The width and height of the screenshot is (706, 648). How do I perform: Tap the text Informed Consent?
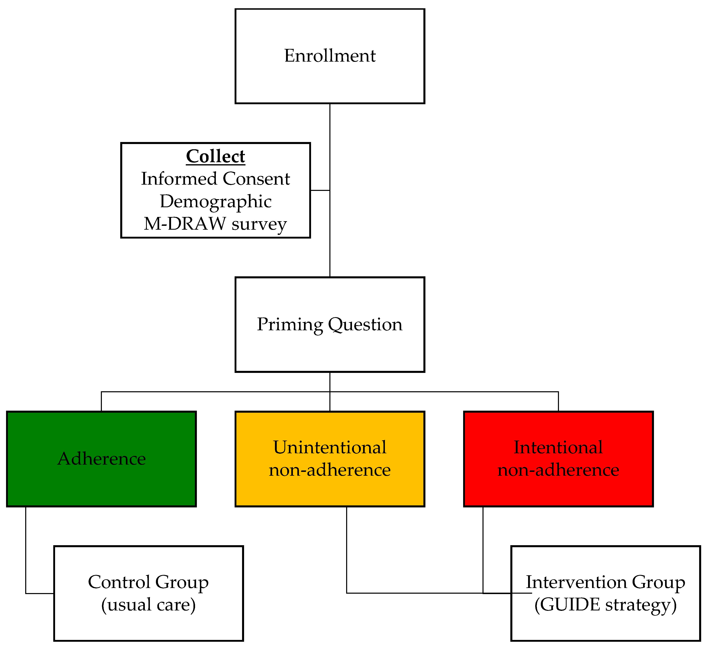(215, 179)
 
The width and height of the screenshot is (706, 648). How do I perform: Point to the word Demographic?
(215, 201)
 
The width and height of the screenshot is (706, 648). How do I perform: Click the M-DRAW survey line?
(215, 224)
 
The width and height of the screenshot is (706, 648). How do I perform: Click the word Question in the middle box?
(365, 324)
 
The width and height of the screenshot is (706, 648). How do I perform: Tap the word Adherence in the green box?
(101, 459)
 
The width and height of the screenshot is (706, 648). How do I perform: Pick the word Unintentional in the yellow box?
(330, 447)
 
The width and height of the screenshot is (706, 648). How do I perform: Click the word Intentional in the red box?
(558, 447)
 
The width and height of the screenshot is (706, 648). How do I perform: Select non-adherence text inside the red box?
(558, 470)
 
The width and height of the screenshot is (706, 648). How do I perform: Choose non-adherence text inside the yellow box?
(330, 470)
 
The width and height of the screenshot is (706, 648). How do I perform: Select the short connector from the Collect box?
(320, 190)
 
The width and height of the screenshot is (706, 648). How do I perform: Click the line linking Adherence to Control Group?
(26, 550)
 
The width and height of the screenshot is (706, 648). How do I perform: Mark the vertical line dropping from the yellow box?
(347, 550)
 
